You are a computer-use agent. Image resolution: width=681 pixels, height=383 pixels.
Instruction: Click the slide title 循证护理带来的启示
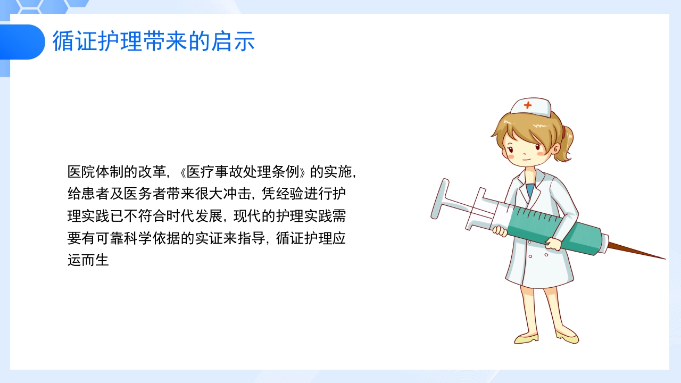[154, 41]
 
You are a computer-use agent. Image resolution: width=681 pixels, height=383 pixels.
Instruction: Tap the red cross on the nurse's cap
[527, 105]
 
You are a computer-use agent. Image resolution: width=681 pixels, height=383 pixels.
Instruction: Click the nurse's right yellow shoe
[567, 336]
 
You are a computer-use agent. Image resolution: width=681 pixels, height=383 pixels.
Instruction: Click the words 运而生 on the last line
[88, 261]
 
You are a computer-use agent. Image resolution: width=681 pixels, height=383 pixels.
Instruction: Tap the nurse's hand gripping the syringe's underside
[553, 244]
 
